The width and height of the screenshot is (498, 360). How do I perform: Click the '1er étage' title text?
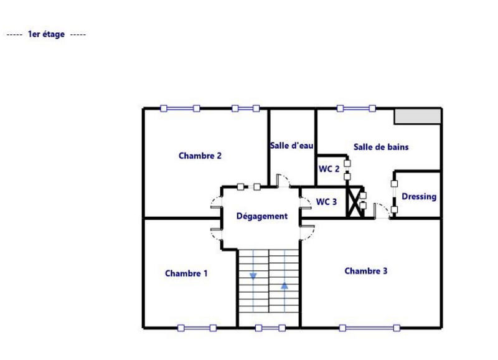click(x=46, y=34)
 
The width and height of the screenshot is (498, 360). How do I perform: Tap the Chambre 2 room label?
click(x=200, y=156)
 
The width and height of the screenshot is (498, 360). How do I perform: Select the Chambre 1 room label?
click(x=186, y=273)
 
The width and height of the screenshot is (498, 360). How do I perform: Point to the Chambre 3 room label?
click(x=366, y=271)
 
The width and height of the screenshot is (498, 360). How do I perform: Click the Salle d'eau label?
click(x=291, y=146)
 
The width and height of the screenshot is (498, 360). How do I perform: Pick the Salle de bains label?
click(x=381, y=147)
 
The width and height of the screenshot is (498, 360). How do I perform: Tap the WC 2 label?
click(x=329, y=169)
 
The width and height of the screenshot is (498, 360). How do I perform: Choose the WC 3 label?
click(x=326, y=202)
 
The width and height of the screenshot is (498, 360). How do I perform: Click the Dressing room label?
click(x=418, y=196)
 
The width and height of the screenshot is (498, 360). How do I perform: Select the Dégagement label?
click(x=262, y=216)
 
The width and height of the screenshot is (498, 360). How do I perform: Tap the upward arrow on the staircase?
click(x=284, y=286)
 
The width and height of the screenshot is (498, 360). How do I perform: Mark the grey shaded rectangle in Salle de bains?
click(x=418, y=116)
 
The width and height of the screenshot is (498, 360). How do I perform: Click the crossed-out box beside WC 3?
click(x=355, y=202)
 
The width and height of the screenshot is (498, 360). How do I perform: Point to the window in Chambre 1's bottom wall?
click(x=196, y=328)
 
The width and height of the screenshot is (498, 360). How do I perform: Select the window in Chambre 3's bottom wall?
click(x=371, y=328)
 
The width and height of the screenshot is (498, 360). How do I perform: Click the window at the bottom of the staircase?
click(x=270, y=328)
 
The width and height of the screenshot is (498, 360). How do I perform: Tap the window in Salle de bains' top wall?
click(x=356, y=108)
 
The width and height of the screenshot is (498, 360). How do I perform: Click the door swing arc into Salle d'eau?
click(x=283, y=181)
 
